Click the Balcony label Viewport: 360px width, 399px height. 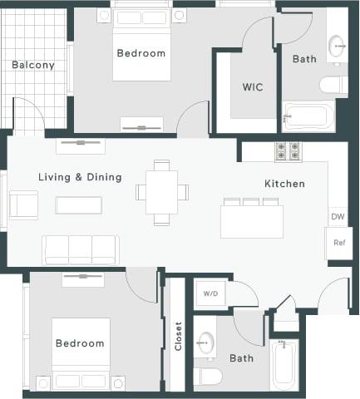33,65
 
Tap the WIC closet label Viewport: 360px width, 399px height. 254,86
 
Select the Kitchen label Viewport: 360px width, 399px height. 284,184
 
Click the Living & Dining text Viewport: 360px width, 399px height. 80,177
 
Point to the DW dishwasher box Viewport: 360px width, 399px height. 338,217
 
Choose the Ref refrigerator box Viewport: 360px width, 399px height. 338,243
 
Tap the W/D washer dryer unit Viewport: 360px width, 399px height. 210,293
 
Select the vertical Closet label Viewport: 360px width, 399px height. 178,336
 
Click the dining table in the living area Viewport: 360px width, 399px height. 162,192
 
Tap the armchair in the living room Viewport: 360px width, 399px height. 23,204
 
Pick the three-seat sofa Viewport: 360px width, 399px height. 81,249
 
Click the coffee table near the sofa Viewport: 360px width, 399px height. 79,204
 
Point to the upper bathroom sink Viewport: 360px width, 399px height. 338,45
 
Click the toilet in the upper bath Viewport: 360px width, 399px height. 333,84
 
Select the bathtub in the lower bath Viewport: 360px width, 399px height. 284,364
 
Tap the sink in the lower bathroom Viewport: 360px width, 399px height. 205,342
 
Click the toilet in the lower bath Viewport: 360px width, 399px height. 208,377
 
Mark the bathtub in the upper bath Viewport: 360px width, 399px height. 308,116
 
